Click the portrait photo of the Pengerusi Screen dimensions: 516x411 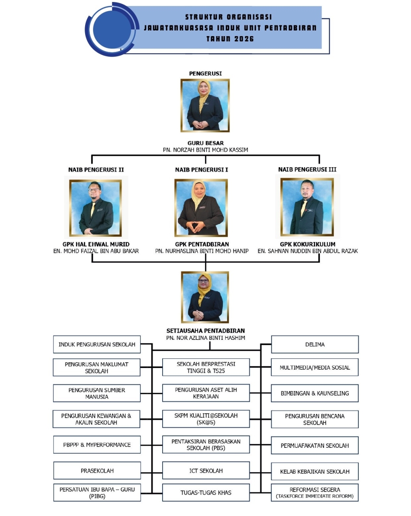coord(205,106)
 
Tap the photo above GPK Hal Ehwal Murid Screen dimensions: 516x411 coord(96,208)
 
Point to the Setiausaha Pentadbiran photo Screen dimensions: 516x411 coord(205,297)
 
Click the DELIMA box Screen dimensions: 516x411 coord(315,345)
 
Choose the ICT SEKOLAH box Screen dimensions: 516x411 coord(206,471)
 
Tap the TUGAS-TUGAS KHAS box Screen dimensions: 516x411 coord(206,493)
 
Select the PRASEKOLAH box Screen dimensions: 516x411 coord(97,471)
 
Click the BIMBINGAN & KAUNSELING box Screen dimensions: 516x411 coord(315,394)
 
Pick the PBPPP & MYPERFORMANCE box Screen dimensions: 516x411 coord(97,445)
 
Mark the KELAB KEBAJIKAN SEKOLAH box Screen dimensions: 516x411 coord(315,471)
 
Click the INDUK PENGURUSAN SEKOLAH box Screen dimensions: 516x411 coord(97,345)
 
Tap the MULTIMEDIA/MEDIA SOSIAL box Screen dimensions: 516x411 coord(315,368)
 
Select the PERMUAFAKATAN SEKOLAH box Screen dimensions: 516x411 coord(315,446)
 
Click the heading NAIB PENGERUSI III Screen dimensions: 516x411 coord(307,170)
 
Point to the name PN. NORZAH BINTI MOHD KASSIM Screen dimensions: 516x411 coord(205,150)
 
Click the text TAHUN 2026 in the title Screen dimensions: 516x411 coord(230,39)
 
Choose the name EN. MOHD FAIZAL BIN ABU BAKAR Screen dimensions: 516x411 coord(96,251)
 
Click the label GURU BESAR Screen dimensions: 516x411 coord(205,143)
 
